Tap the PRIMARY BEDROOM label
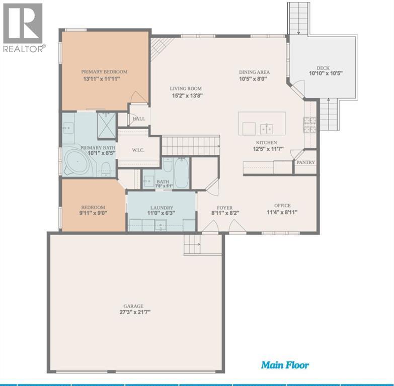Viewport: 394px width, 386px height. (104, 72)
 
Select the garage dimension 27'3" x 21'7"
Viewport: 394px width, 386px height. (135, 312)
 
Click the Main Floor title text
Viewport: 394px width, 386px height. (285, 365)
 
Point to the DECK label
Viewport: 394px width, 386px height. (323, 68)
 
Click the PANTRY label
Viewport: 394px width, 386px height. (305, 162)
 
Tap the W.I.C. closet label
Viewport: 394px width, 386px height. (138, 150)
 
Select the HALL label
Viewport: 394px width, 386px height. (139, 119)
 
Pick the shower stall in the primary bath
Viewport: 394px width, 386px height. (107, 125)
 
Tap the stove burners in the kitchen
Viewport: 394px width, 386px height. (309, 125)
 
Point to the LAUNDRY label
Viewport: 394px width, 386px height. (162, 208)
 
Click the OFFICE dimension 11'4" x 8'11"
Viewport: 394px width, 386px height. (282, 212)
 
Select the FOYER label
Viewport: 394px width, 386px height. (224, 208)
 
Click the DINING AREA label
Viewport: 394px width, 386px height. (254, 72)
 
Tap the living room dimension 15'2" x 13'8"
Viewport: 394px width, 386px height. (187, 95)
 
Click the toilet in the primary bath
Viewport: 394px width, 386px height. (106, 168)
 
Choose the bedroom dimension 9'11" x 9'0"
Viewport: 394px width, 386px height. (93, 213)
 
